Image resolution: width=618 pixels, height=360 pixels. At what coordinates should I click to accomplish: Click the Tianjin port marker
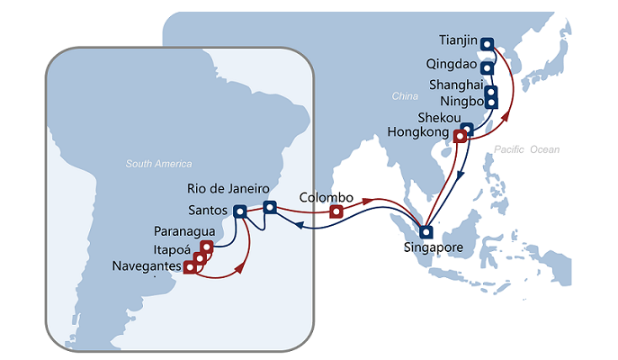487,42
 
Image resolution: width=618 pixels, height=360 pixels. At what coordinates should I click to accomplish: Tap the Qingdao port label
454,67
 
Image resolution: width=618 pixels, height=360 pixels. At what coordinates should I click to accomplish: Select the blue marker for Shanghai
491,91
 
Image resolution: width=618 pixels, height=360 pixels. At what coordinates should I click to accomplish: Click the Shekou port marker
467,129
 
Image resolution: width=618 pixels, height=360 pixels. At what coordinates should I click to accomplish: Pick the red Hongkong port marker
460,137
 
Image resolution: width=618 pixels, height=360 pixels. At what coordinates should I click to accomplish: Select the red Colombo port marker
336,211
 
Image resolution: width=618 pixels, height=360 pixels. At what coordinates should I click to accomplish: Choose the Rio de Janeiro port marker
269,208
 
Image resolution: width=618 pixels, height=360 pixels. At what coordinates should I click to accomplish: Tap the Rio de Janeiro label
228,188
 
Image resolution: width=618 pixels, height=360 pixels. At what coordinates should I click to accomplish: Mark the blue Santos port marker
239,212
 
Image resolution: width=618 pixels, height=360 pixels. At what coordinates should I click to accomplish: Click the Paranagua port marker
207,247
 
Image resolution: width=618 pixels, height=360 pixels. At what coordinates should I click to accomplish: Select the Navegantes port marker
190,266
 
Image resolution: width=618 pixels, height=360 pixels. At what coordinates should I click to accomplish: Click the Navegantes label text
148,266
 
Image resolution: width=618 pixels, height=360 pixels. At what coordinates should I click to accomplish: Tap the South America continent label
159,164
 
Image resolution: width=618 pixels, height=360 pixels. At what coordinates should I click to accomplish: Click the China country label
400,95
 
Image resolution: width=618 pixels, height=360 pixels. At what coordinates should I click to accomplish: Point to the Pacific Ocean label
533,148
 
